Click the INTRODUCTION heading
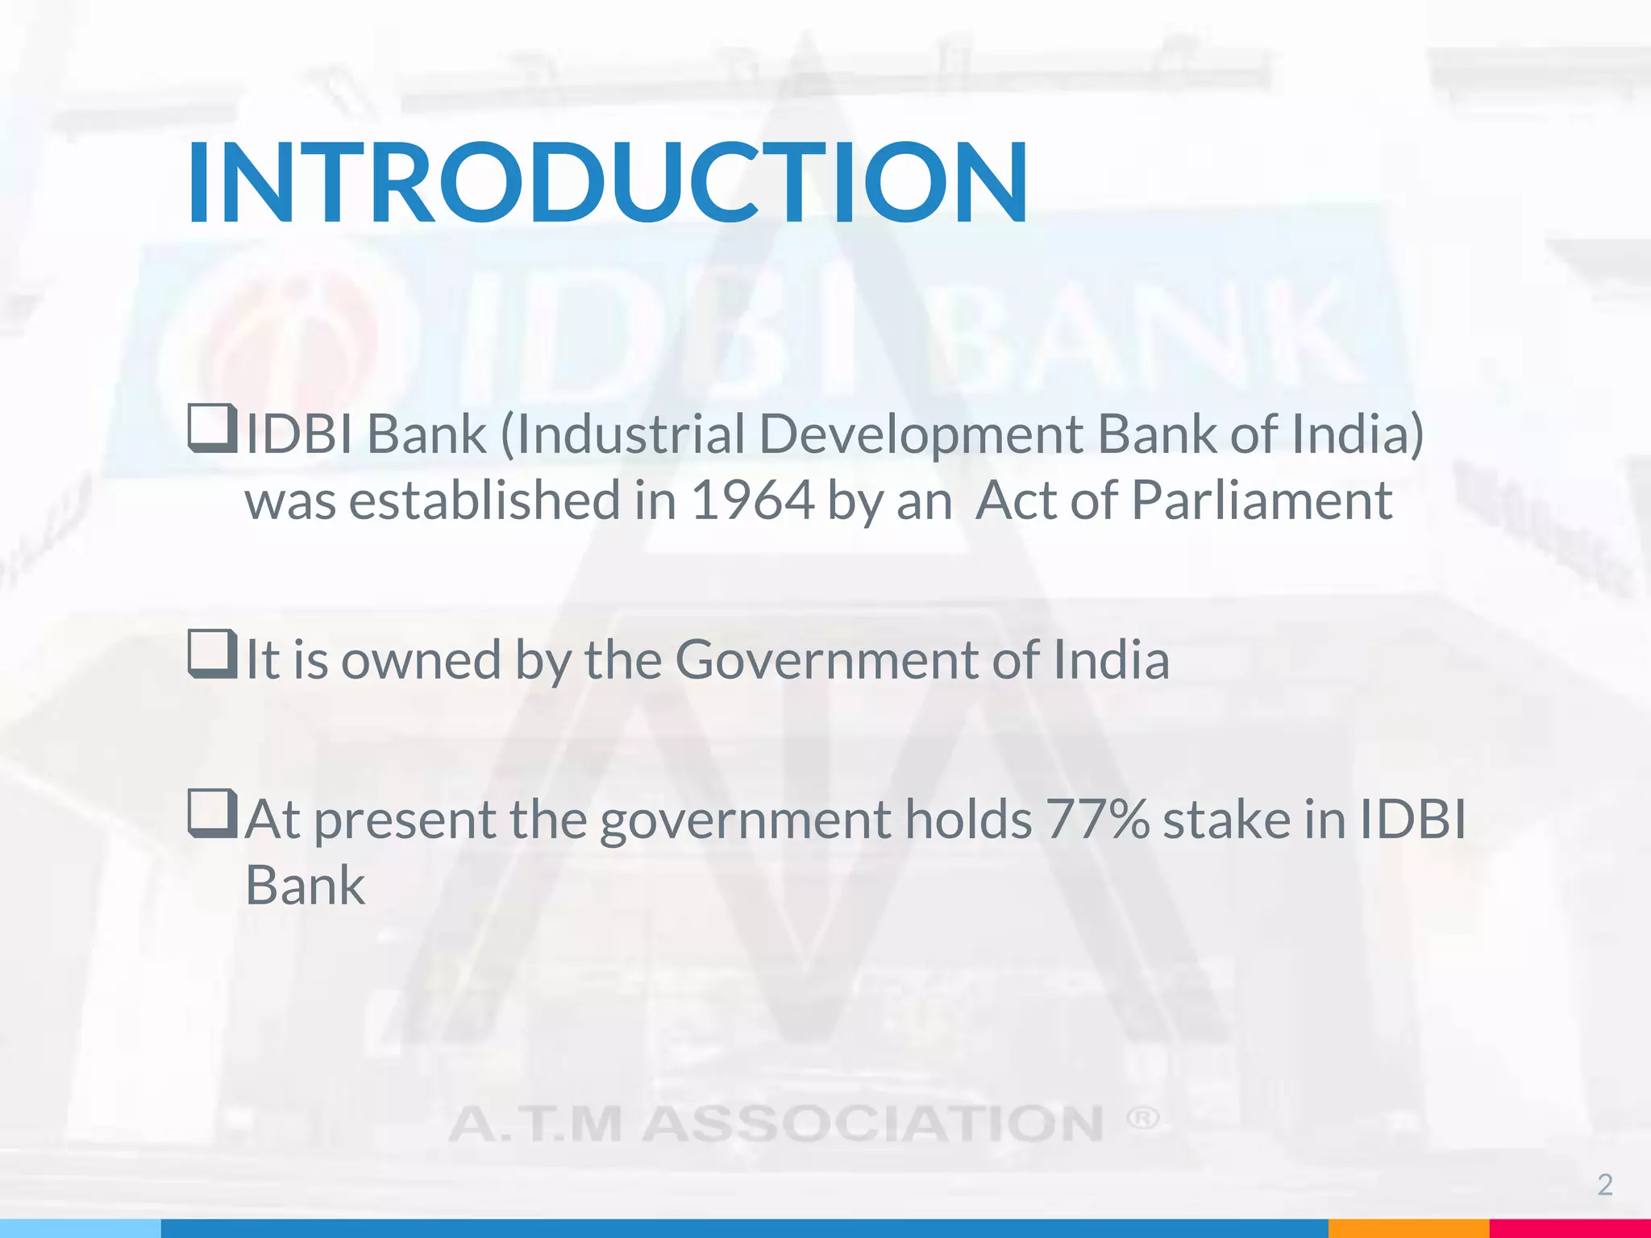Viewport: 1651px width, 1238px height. point(606,183)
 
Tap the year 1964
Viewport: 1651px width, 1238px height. point(752,501)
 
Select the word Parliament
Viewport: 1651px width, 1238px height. point(1262,501)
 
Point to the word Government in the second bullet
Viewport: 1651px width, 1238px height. point(825,660)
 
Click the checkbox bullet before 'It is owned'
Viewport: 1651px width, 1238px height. point(212,654)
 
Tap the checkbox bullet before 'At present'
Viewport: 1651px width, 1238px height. point(212,813)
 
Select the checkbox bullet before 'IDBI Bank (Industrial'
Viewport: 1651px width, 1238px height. point(212,429)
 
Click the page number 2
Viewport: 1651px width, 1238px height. point(1604,1185)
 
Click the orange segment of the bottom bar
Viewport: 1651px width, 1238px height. point(1408,1228)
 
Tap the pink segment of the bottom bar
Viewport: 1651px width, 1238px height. point(1569,1228)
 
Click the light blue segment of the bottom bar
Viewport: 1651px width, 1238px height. point(81,1228)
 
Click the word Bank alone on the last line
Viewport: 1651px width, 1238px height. point(305,886)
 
